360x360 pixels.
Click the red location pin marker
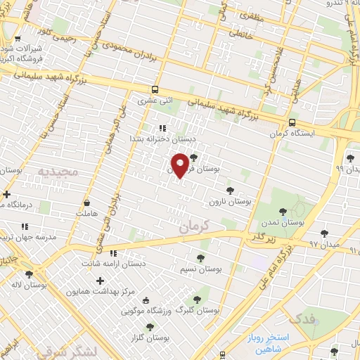point(180,164)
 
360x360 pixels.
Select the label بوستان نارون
point(229,202)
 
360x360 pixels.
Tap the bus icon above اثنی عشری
point(155,90)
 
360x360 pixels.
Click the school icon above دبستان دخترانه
point(162,128)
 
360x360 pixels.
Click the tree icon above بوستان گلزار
point(149,327)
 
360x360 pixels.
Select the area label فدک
point(302,319)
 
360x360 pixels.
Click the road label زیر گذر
point(260,237)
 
